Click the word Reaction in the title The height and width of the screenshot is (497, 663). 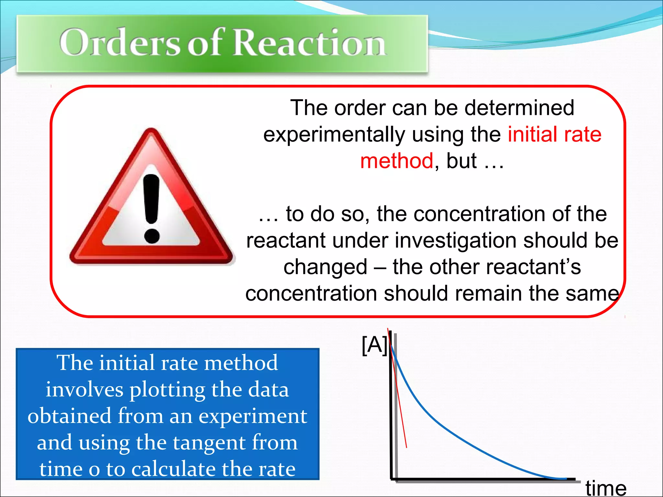click(309, 43)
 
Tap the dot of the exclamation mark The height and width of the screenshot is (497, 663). click(152, 236)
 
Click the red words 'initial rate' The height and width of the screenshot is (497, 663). click(555, 135)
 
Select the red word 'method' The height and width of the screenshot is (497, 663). click(397, 161)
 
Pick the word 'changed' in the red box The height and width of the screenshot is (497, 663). click(325, 268)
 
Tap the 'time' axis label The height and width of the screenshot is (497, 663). click(606, 488)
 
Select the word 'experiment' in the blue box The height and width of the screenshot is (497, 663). click(253, 416)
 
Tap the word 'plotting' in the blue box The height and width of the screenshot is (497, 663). click(167, 390)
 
